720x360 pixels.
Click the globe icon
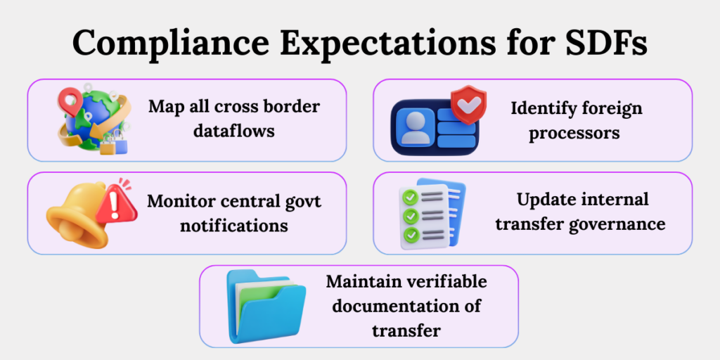91,120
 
